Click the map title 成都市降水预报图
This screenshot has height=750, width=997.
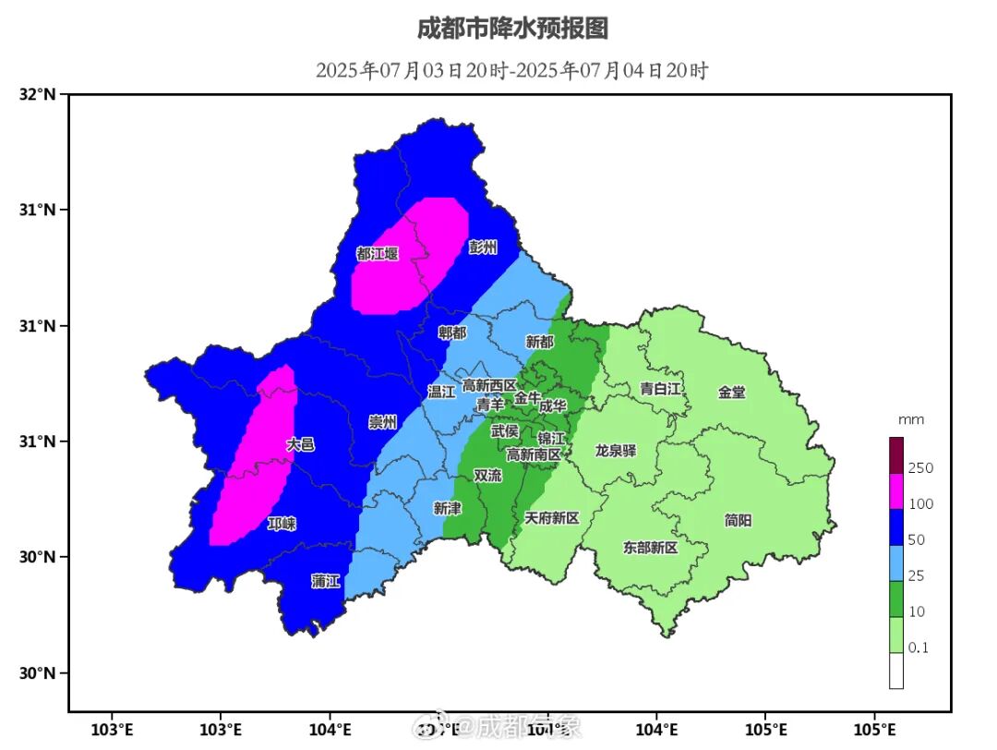512,29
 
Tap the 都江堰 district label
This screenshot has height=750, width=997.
377,253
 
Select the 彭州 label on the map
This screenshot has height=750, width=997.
482,247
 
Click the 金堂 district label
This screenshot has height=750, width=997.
731,392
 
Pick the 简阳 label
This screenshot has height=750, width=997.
738,520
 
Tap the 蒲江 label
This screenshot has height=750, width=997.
326,581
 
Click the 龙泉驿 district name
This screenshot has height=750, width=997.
616,451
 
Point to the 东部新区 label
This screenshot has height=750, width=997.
650,548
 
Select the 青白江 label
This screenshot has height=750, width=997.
661,389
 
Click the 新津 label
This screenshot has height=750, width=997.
447,508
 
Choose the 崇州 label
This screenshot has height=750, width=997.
382,422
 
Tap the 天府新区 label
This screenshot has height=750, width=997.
551,518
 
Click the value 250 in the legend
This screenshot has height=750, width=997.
920,468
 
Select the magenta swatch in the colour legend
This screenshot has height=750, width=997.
896,490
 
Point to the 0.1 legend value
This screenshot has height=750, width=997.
919,648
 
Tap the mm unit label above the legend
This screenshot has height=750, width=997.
911,419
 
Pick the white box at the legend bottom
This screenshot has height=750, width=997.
896,671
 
